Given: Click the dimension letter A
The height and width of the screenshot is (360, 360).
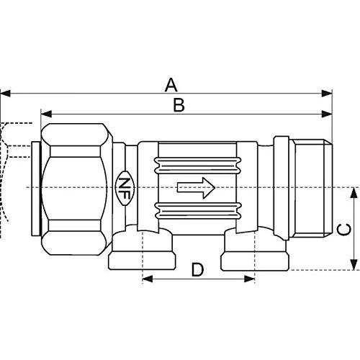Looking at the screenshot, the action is [x=171, y=85].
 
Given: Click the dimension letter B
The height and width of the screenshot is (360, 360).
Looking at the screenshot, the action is [x=179, y=105].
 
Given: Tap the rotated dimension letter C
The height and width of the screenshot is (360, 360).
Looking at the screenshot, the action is [x=343, y=230].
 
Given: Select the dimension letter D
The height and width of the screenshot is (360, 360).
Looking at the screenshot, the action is [x=197, y=269].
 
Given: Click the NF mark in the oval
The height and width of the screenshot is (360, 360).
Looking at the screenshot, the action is [x=125, y=188].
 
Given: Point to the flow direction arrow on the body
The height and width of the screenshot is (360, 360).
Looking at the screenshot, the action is [x=196, y=188].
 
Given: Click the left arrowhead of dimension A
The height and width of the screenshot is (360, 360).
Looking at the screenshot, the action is [x=5, y=94].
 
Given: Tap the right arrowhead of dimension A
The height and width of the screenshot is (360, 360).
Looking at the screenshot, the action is [x=327, y=94].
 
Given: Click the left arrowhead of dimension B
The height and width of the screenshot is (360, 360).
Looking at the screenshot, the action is [x=46, y=114].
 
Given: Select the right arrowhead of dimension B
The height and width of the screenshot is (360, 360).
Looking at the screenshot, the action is [x=327, y=114].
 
